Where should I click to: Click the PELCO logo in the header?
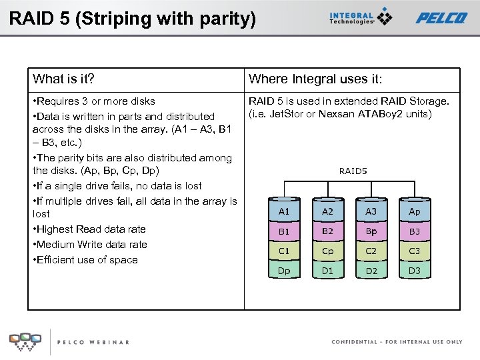[x=441, y=18]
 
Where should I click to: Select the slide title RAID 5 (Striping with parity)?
[x=132, y=18]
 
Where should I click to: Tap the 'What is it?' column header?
[x=63, y=79]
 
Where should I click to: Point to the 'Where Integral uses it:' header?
[x=315, y=79]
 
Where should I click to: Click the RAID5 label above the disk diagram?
[x=353, y=171]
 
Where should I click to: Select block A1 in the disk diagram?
[x=284, y=211]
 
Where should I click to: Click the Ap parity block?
[x=415, y=211]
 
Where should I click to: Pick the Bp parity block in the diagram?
[x=371, y=231]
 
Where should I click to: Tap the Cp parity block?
[x=328, y=251]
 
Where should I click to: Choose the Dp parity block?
[x=284, y=271]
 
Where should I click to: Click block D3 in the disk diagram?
[x=415, y=271]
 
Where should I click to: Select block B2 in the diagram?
[x=328, y=231]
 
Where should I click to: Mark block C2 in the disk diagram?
[x=371, y=251]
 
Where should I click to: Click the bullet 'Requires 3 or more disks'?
[x=95, y=101]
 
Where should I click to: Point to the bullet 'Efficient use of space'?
[x=86, y=259]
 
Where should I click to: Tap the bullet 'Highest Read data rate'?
[x=89, y=229]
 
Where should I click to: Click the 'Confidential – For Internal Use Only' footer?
[x=397, y=342]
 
